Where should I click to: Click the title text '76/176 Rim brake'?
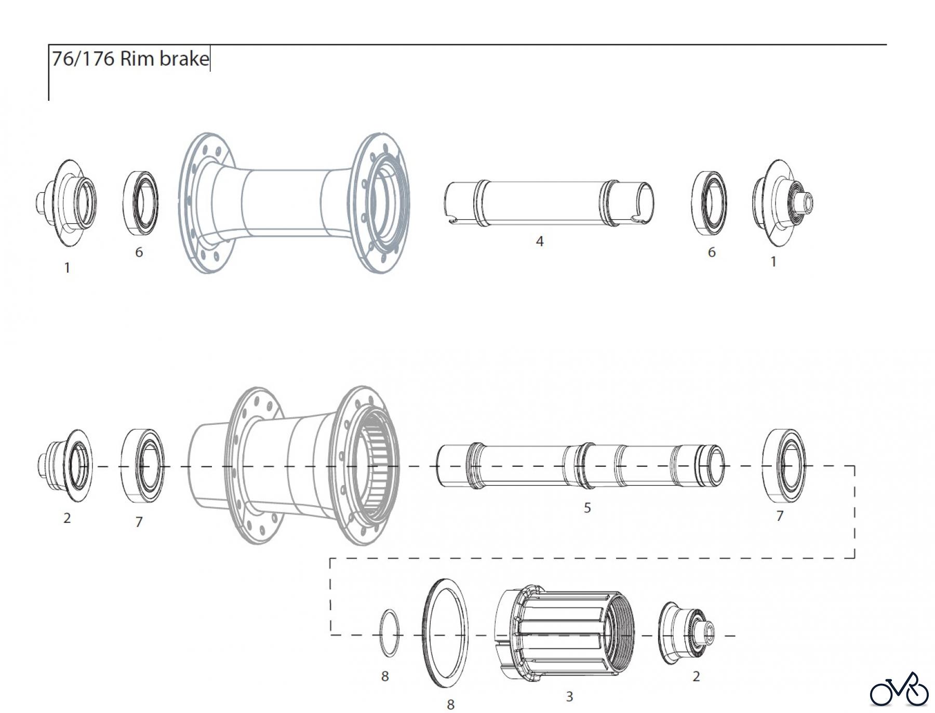(x=130, y=59)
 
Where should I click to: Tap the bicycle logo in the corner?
(x=899, y=689)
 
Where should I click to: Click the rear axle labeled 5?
(x=579, y=466)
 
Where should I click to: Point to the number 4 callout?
(x=540, y=241)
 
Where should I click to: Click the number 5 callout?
(x=587, y=507)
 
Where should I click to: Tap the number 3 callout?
(x=569, y=696)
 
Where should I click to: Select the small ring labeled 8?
(x=390, y=634)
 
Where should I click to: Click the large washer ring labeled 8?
(x=445, y=634)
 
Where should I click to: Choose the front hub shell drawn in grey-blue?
(x=293, y=203)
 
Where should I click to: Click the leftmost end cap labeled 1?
(x=68, y=203)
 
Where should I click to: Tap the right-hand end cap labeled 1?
(x=779, y=203)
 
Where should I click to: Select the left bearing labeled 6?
(x=141, y=203)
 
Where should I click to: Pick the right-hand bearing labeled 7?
(x=784, y=466)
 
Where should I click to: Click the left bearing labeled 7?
(x=142, y=466)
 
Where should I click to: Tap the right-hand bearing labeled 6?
(x=709, y=203)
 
